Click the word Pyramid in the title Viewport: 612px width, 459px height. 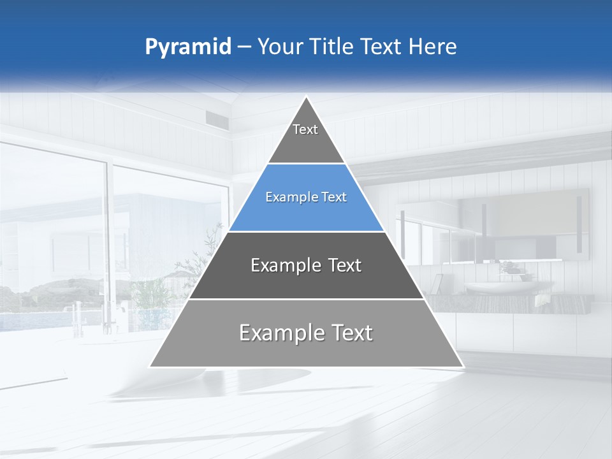187,47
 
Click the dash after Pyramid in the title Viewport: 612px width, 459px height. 244,47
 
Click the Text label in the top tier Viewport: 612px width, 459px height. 305,130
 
